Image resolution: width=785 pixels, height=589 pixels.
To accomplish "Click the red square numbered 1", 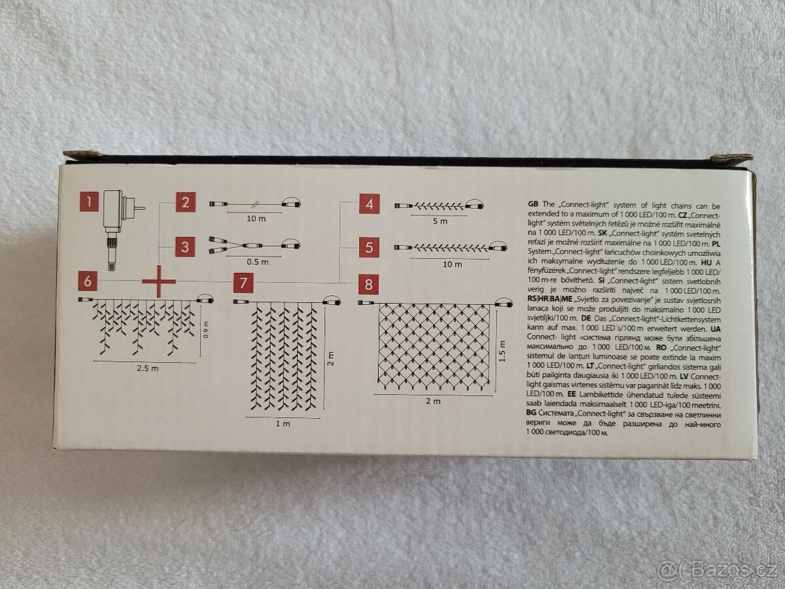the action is [89, 202].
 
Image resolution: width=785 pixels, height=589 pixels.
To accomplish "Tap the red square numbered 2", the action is [185, 202].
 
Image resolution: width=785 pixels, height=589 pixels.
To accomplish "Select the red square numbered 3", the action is [185, 247].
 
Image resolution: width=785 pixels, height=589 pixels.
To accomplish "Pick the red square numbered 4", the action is [370, 204].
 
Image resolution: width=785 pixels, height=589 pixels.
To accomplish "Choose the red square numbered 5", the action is [369, 247].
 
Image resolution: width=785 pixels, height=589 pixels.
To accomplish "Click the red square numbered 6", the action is [88, 281].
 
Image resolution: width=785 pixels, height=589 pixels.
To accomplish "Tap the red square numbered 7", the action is [243, 283].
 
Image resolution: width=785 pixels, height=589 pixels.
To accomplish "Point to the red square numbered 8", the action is [368, 284].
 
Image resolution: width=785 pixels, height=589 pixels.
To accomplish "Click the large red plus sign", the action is [159, 281].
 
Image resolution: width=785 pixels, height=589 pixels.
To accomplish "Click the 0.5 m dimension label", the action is [258, 262].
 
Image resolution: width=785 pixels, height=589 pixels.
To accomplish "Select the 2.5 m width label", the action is [147, 368].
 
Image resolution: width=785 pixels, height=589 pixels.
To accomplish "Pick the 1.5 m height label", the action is [502, 351].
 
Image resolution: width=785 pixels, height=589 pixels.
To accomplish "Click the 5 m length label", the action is [440, 221].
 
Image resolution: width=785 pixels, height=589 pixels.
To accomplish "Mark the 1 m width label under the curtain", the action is [283, 424].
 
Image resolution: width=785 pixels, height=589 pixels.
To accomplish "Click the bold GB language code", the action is [533, 204].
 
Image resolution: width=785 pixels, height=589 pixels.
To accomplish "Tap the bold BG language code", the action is [531, 413].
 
